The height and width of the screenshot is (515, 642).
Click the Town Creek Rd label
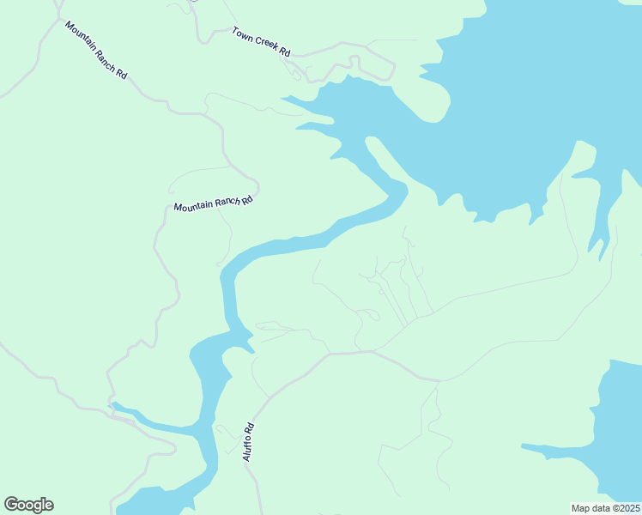261,42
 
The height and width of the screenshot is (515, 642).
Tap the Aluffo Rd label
248,442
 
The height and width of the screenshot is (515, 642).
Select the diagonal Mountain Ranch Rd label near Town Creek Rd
96,49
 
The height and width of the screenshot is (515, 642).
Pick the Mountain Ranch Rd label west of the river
213,203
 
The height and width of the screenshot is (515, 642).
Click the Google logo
28,505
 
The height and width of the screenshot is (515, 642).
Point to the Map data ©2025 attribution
605,508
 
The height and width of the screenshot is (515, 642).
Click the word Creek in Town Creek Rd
266,44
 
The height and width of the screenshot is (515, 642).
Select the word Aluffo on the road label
247,448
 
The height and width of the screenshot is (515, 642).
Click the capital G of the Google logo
11,504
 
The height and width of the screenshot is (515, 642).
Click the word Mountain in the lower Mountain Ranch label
193,206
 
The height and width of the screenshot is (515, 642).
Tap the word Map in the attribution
580,508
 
